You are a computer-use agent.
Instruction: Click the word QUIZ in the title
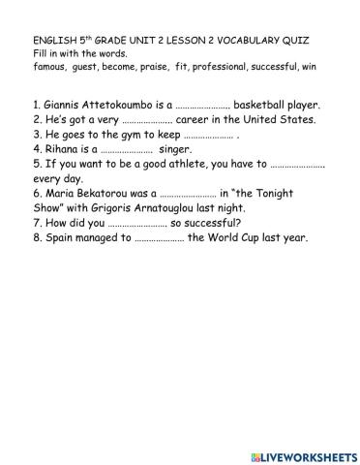318,42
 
